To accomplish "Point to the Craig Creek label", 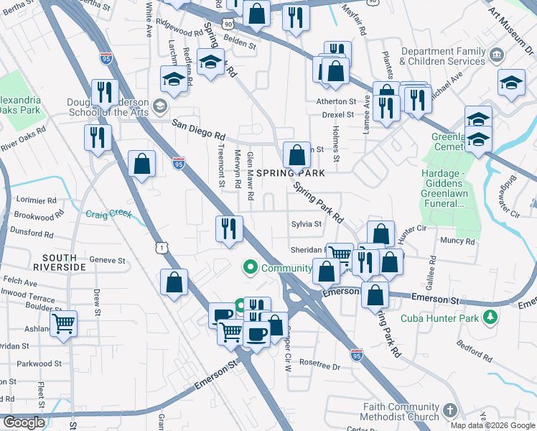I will coord(106,214).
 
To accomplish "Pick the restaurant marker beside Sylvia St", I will coord(229,230).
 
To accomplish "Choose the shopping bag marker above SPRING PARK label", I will coord(296,154).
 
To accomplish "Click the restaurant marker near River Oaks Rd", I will coord(98,137).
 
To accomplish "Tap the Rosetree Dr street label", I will coord(319,366).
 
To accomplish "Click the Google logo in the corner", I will coord(24,422).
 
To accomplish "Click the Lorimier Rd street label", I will coord(35,200).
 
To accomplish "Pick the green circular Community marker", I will coord(251,268).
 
